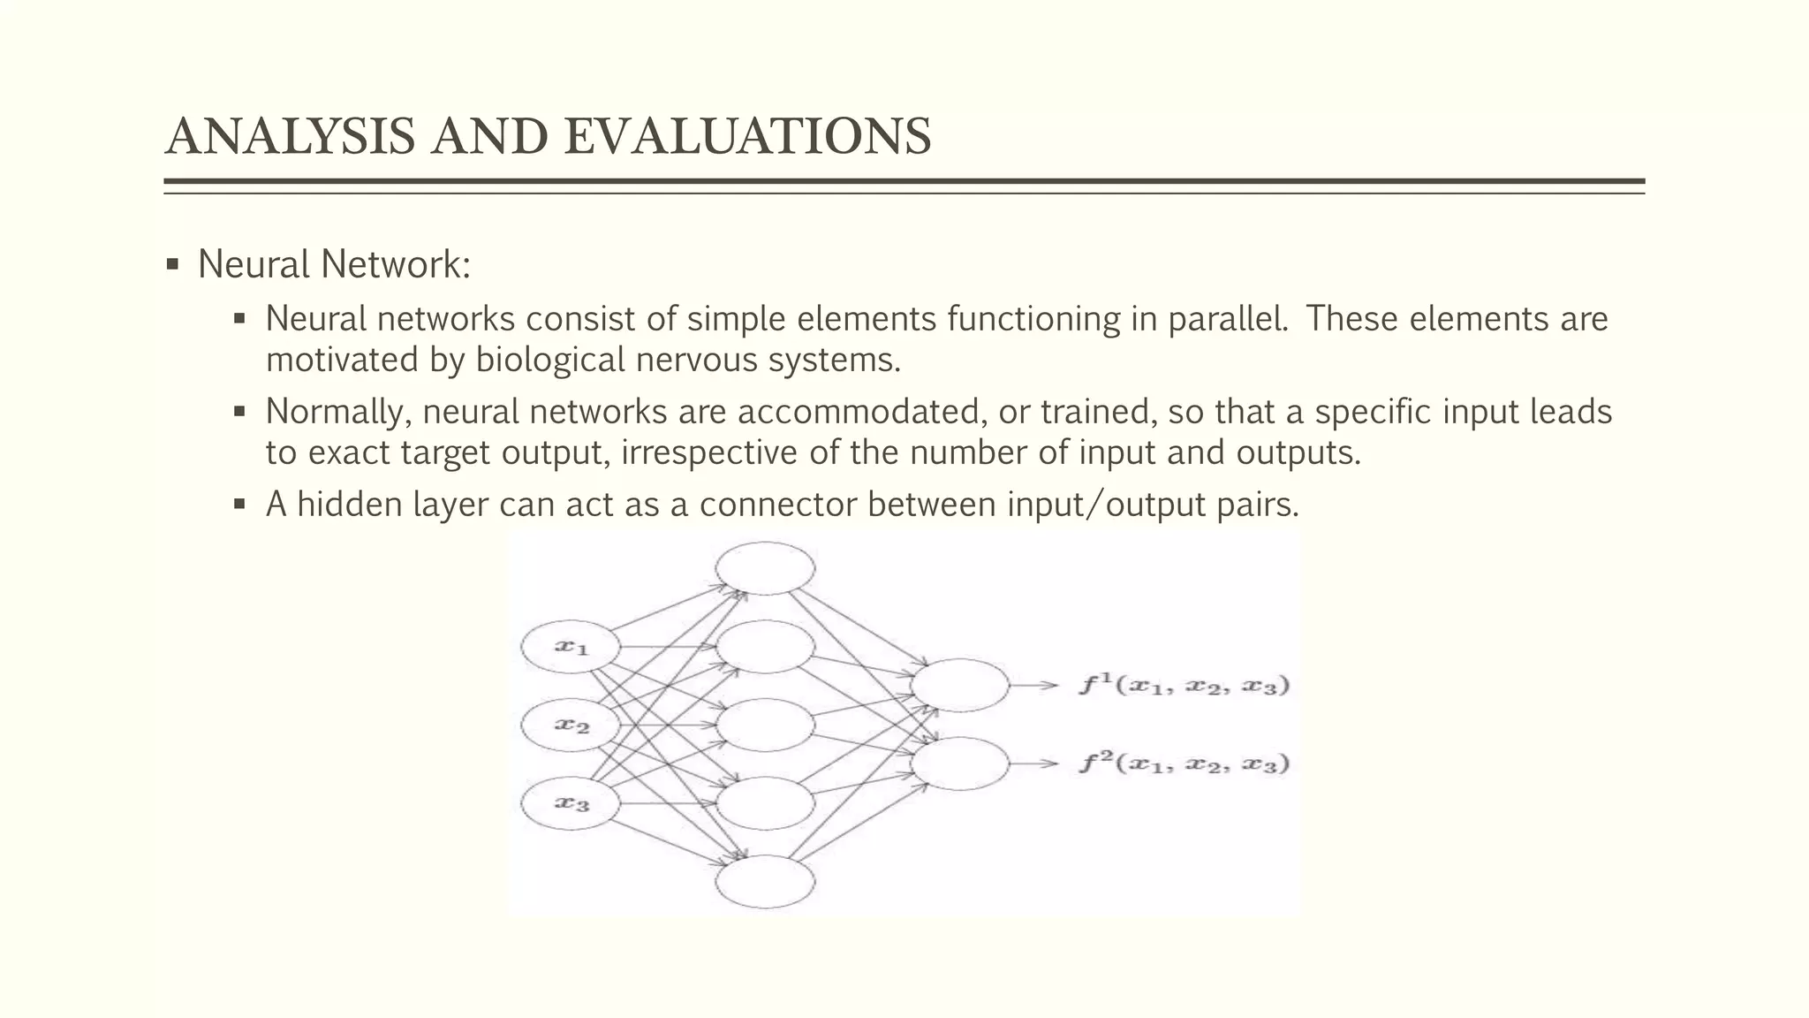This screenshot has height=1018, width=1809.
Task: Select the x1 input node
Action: coord(570,647)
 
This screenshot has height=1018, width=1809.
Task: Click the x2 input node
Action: coord(570,726)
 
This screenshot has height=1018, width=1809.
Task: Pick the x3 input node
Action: coord(570,803)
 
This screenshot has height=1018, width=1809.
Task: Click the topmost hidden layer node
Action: coord(765,568)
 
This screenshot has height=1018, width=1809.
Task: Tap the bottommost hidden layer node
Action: coord(765,882)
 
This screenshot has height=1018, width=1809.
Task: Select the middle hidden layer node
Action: coord(765,725)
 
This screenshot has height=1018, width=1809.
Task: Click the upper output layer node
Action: coord(959,685)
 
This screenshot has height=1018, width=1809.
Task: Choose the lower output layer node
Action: coord(959,763)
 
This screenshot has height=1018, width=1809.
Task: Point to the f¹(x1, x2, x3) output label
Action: coord(1184,685)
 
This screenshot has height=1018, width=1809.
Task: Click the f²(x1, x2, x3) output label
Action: coord(1184,763)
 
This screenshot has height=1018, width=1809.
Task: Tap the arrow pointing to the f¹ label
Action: coord(1033,685)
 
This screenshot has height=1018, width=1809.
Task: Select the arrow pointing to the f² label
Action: coord(1033,763)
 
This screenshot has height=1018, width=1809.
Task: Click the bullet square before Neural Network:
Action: coord(172,264)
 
